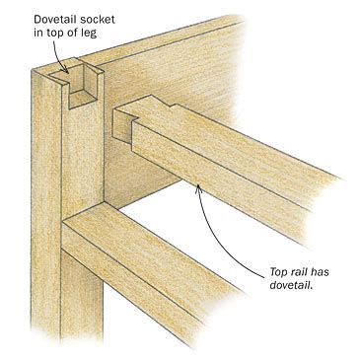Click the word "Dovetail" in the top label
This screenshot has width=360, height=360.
tap(55, 19)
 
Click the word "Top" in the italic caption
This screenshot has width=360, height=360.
tap(277, 272)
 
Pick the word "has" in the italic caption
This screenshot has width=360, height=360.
tap(320, 271)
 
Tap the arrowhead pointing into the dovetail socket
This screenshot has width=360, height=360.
tap(67, 70)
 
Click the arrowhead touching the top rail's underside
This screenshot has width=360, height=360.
tap(198, 188)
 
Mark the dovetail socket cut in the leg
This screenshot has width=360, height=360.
tap(78, 86)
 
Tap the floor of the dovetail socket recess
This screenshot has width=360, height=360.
tap(84, 100)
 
